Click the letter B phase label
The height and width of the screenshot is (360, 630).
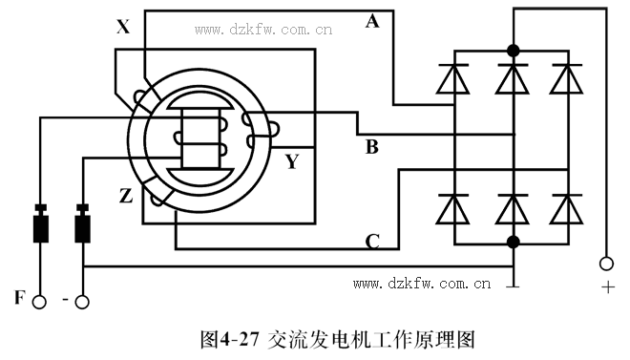[x=372, y=147]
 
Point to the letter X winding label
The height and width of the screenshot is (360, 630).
[x=123, y=28]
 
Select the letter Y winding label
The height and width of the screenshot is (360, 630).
[x=292, y=161]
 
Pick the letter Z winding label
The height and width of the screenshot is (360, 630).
[x=125, y=197]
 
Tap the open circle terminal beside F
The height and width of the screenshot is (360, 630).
[x=39, y=303]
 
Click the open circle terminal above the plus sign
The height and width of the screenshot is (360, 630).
[x=604, y=263]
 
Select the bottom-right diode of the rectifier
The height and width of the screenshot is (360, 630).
[x=569, y=207]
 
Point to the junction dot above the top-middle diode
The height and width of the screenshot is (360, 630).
[x=514, y=50]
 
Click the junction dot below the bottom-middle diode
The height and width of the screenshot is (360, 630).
[x=514, y=242]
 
